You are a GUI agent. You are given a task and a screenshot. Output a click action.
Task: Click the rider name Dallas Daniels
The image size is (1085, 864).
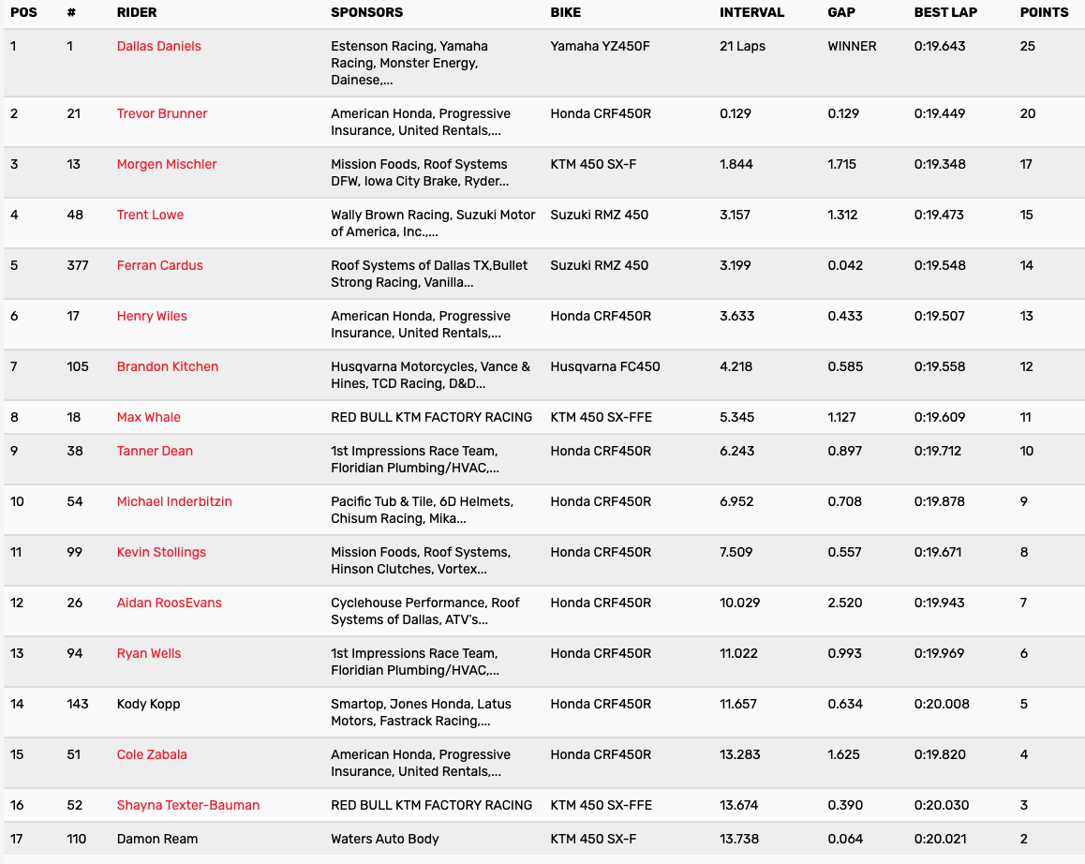coord(158,46)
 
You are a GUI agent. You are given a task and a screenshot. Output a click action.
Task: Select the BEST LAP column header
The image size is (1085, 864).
coord(945,13)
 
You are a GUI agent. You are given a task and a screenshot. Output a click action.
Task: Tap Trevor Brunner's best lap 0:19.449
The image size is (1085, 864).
coord(939,113)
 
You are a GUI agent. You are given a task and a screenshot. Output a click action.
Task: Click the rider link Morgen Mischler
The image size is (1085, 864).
coord(167,164)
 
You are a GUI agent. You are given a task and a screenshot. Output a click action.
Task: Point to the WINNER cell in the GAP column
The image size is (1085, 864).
coord(852,46)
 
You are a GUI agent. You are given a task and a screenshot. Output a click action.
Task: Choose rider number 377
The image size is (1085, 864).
coord(78,265)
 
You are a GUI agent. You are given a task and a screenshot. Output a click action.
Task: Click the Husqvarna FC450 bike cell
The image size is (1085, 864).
coord(604,366)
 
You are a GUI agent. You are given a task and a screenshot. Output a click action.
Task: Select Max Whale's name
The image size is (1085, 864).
coord(149,417)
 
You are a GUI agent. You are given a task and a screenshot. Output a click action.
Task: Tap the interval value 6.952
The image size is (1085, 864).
coord(736,501)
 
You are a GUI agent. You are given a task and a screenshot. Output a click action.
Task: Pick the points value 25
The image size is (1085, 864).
coord(1027,46)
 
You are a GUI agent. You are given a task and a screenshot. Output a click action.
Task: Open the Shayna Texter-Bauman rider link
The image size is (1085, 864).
coord(188,805)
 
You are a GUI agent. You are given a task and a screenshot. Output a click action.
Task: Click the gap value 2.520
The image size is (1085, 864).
coord(844,603)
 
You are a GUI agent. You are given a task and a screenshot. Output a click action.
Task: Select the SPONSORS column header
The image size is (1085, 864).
coord(366,13)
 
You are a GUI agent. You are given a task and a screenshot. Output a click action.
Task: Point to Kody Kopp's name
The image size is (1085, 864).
coord(148,704)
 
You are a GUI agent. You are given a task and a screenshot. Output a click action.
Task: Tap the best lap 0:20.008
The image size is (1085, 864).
coord(942,704)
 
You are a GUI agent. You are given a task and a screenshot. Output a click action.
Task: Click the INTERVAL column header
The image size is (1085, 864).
coord(751,13)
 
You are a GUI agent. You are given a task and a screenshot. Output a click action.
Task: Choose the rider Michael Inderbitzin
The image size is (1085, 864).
coord(174,501)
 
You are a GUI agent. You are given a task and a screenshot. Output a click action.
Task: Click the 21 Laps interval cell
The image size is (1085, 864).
coord(742,46)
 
